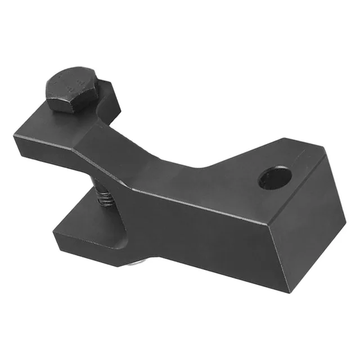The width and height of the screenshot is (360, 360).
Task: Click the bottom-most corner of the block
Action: point(290,292)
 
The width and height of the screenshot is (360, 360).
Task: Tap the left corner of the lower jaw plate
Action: point(54,227)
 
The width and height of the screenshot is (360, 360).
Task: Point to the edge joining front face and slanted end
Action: point(284,247)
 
